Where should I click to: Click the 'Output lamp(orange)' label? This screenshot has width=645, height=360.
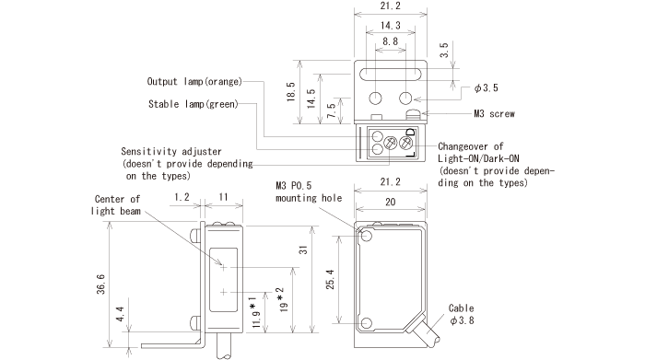[194, 81]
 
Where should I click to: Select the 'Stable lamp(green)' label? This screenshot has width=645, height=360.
[193, 104]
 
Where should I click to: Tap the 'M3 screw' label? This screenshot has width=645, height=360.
[493, 114]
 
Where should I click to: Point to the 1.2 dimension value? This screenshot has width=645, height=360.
[182, 196]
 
